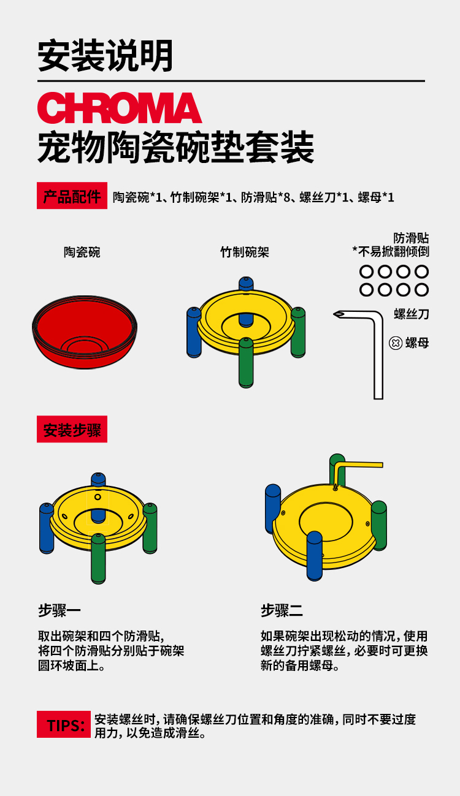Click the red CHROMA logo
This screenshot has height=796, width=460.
tap(120, 108)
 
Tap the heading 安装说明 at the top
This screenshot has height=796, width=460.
tap(105, 56)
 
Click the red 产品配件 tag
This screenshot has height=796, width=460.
tap(72, 195)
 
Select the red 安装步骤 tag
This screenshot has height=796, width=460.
tap(72, 429)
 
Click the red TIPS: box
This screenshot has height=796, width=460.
tap(64, 724)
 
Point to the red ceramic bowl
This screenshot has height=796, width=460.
tap(85, 332)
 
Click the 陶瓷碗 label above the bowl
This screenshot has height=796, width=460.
tap(82, 252)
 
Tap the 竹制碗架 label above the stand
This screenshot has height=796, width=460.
tap(245, 252)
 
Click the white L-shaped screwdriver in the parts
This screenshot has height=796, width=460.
tap(378, 355)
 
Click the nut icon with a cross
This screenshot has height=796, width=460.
tap(395, 343)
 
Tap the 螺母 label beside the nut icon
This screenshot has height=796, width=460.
tap(417, 343)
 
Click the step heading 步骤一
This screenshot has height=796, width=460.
tap(59, 610)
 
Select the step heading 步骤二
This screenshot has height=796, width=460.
tap(282, 610)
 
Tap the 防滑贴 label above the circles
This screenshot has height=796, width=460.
tap(412, 238)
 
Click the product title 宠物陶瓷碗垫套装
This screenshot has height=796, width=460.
tap(176, 147)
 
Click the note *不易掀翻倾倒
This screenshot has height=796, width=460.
tap(391, 252)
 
